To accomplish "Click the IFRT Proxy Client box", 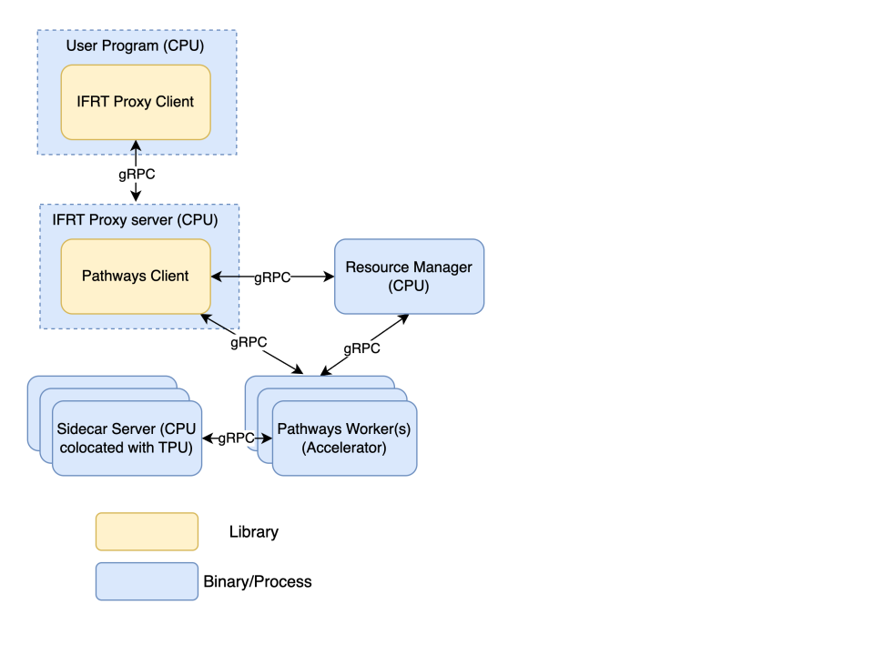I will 135,102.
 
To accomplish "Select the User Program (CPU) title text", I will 135,45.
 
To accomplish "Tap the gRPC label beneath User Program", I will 137,175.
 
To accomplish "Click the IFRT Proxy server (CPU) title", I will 135,220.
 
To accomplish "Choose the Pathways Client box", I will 135,276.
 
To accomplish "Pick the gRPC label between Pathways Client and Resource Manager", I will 272,277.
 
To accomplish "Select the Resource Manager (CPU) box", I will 409,277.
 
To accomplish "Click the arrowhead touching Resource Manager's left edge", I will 330,277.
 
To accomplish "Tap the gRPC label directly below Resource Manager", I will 361,348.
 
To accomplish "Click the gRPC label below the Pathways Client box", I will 249,343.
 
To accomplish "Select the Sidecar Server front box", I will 127,438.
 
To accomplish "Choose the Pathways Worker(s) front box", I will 344,438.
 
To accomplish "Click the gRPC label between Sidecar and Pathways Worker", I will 236,438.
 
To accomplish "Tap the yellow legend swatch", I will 147,532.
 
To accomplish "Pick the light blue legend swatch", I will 147,581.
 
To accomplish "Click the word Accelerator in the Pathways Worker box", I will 344,448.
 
